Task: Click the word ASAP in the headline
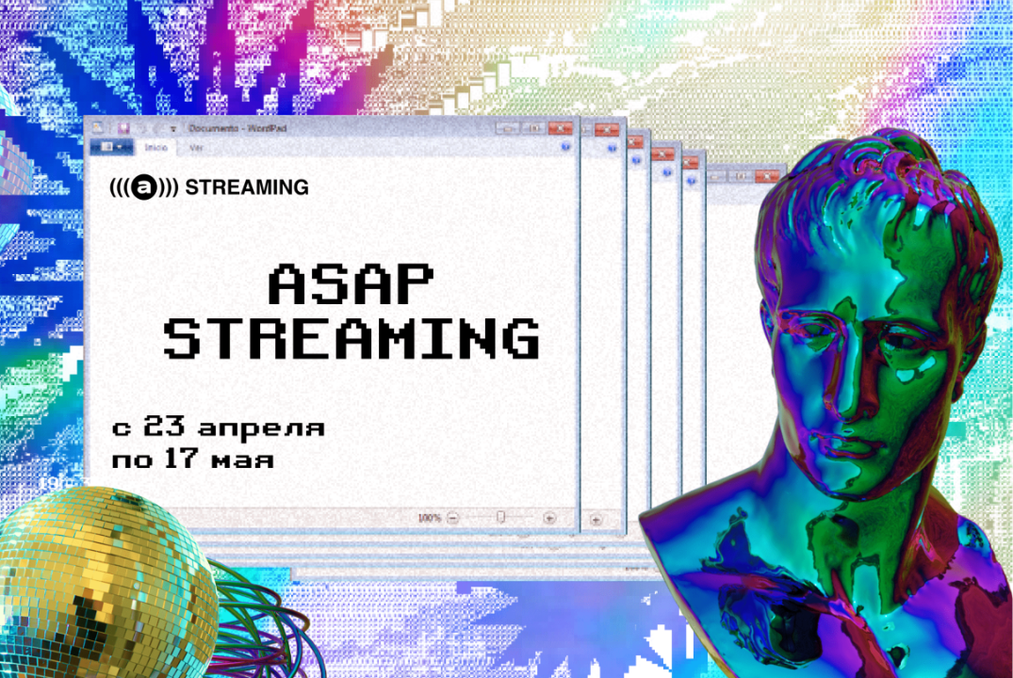coord(351,285)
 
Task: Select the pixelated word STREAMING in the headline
coord(351,339)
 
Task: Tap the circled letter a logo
coord(143,187)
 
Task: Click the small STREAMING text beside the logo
coord(247,187)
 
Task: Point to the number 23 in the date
coord(168,428)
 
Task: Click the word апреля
coord(262,428)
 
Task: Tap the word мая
coord(243,461)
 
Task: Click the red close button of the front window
coord(562,127)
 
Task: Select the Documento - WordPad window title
coord(226,127)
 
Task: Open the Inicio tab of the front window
coord(156,147)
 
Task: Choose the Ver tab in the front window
coord(196,147)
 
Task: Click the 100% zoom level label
coord(429,518)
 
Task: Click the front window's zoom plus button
coord(549,518)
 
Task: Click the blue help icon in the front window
coord(564,147)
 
